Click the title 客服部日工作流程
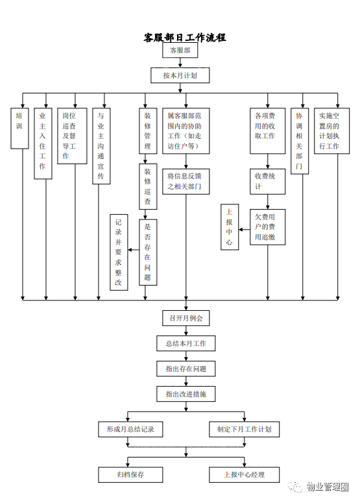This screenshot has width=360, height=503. (185, 38)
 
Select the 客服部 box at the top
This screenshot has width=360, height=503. (180, 50)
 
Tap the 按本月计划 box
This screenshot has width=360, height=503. (180, 75)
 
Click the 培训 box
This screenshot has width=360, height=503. (19, 129)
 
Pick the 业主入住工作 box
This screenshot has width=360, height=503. (43, 143)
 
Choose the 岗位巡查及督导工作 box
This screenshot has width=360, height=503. (72, 136)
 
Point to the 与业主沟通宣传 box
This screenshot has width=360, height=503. (101, 146)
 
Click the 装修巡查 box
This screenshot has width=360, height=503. (148, 186)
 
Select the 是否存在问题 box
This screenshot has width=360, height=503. (148, 252)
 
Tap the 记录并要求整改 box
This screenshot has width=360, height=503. (119, 252)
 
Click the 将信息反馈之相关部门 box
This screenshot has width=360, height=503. (186, 181)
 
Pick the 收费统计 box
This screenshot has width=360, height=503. (267, 181)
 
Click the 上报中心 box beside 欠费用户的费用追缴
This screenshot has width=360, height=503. (230, 227)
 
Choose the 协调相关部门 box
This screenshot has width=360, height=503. (300, 141)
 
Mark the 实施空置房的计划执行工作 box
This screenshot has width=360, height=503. (331, 131)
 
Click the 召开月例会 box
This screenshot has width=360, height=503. (186, 318)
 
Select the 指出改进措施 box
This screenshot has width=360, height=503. (186, 394)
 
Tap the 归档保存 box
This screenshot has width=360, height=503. (130, 474)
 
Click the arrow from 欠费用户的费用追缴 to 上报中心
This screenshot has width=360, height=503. (245, 230)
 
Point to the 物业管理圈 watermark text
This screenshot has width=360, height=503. (327, 487)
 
